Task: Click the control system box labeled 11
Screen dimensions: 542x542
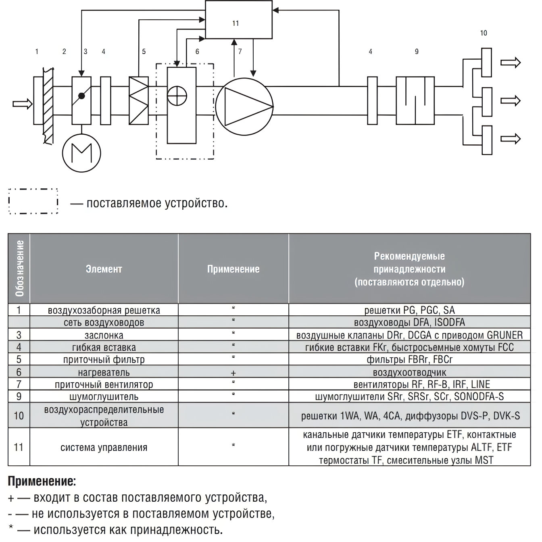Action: coord(238,19)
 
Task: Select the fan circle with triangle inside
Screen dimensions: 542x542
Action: coord(244,106)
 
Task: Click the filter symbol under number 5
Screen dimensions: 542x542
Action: coord(139,101)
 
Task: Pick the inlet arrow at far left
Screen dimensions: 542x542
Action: coord(22,104)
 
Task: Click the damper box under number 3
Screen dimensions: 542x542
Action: coord(82,101)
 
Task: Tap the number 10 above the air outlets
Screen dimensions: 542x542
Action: coord(484,33)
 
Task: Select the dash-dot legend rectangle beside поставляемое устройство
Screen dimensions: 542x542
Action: coord(33,201)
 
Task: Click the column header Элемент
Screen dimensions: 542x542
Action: coord(104,269)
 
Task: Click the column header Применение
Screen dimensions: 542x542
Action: coord(233,269)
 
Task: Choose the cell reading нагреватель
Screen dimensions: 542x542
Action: coord(104,372)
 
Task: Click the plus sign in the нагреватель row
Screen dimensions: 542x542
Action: coord(233,373)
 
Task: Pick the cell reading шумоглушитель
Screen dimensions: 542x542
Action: coord(104,397)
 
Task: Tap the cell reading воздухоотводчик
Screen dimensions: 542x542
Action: coord(409,372)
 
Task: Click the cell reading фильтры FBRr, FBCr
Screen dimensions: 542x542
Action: coord(409,360)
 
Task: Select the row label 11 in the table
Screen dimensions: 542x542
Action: coord(19,447)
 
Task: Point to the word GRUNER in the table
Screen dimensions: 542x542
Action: coord(504,335)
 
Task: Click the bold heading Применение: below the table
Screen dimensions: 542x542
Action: coord(42,481)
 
